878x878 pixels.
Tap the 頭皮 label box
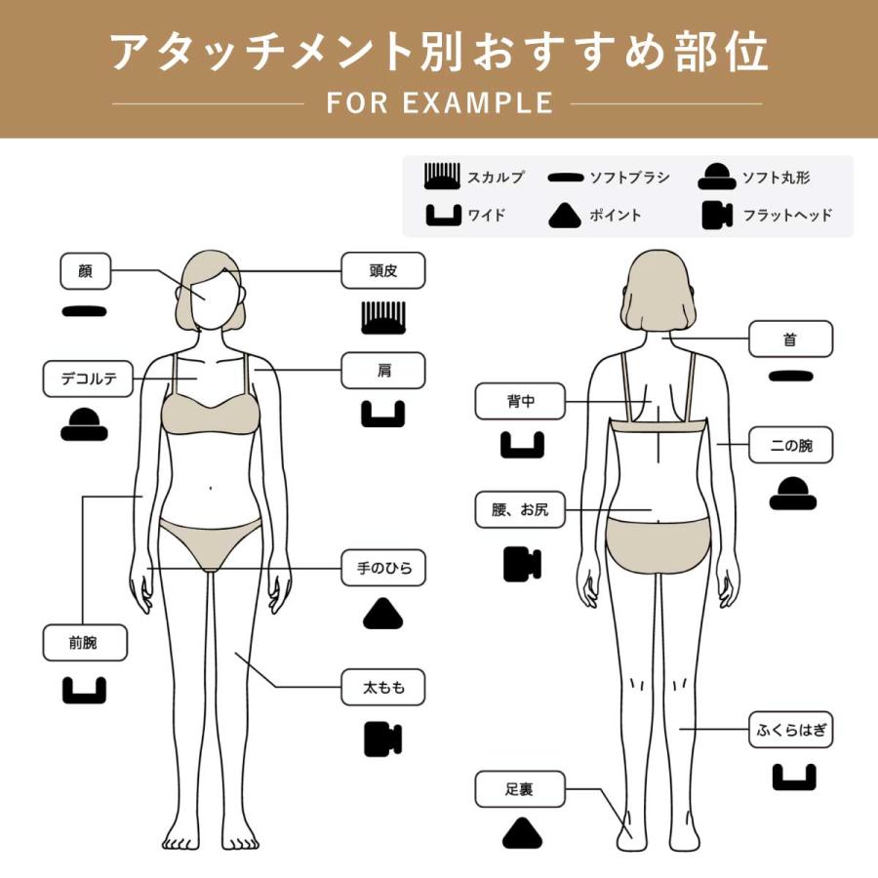383,270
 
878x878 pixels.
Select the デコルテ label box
88,379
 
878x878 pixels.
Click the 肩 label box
383,371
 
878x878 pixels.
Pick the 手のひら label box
383,568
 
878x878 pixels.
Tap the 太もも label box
383,689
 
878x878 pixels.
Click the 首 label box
790,339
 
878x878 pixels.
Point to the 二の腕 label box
790,445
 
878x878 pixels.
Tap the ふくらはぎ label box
790,728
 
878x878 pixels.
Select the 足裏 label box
520,789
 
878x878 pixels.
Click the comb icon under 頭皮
383,317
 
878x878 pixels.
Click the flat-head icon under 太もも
383,738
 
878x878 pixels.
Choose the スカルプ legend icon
441,178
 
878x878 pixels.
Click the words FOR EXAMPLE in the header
440,102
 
